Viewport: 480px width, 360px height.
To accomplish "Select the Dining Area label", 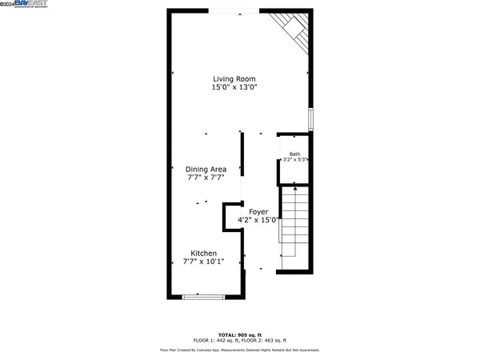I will tap(206, 169).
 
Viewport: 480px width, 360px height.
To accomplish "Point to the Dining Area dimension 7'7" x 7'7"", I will tap(206, 178).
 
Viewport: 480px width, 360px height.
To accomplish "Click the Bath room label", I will tap(294, 154).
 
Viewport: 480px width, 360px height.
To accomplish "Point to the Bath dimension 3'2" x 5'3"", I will tap(295, 160).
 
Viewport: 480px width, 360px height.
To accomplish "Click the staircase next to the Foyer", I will tap(294, 228).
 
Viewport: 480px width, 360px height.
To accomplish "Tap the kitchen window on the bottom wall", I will tap(203, 298).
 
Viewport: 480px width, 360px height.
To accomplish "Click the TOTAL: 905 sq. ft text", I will tap(240, 334).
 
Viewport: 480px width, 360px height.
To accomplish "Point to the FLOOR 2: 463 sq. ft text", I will tap(268, 341).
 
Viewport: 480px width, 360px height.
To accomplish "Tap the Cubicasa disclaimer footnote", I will tap(240, 350).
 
